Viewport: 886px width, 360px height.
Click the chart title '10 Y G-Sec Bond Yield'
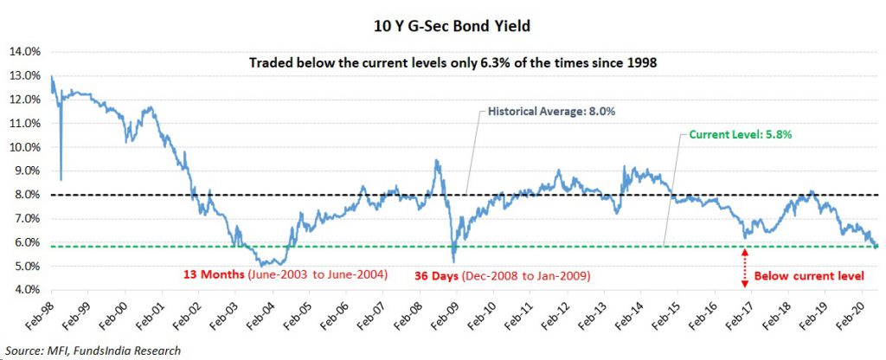(443, 27)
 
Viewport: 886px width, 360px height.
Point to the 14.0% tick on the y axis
(24, 51)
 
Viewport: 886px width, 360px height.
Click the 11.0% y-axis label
(24, 123)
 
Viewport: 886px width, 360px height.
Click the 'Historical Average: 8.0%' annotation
(543, 112)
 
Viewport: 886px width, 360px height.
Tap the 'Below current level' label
(810, 276)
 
